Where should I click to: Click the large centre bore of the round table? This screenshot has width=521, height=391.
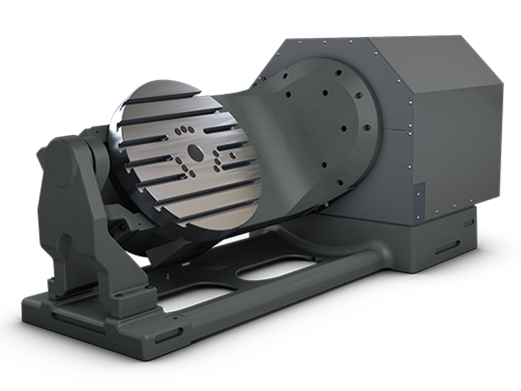tap(195, 153)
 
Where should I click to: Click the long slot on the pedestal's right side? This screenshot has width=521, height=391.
tap(449, 248)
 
